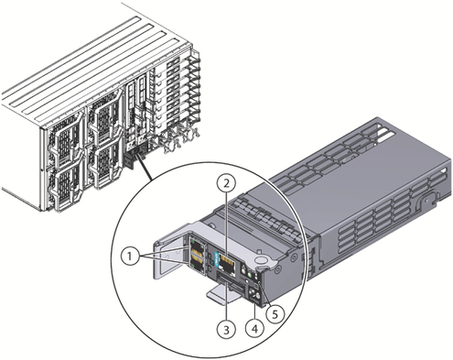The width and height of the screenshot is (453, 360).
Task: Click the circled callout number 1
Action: (x=130, y=256)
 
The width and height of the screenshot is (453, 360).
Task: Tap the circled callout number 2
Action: (x=226, y=183)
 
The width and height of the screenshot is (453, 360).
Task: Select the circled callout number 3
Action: (x=226, y=330)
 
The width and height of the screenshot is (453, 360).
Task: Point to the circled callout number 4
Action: (x=255, y=329)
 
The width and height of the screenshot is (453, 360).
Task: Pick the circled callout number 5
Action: (x=275, y=314)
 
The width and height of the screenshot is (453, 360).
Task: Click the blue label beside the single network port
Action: (x=217, y=259)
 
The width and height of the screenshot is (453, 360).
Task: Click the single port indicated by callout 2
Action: (x=228, y=263)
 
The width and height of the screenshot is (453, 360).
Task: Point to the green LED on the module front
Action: (x=250, y=275)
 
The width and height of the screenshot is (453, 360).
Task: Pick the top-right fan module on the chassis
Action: (x=104, y=120)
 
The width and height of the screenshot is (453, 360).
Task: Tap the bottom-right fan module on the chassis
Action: (x=104, y=166)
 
